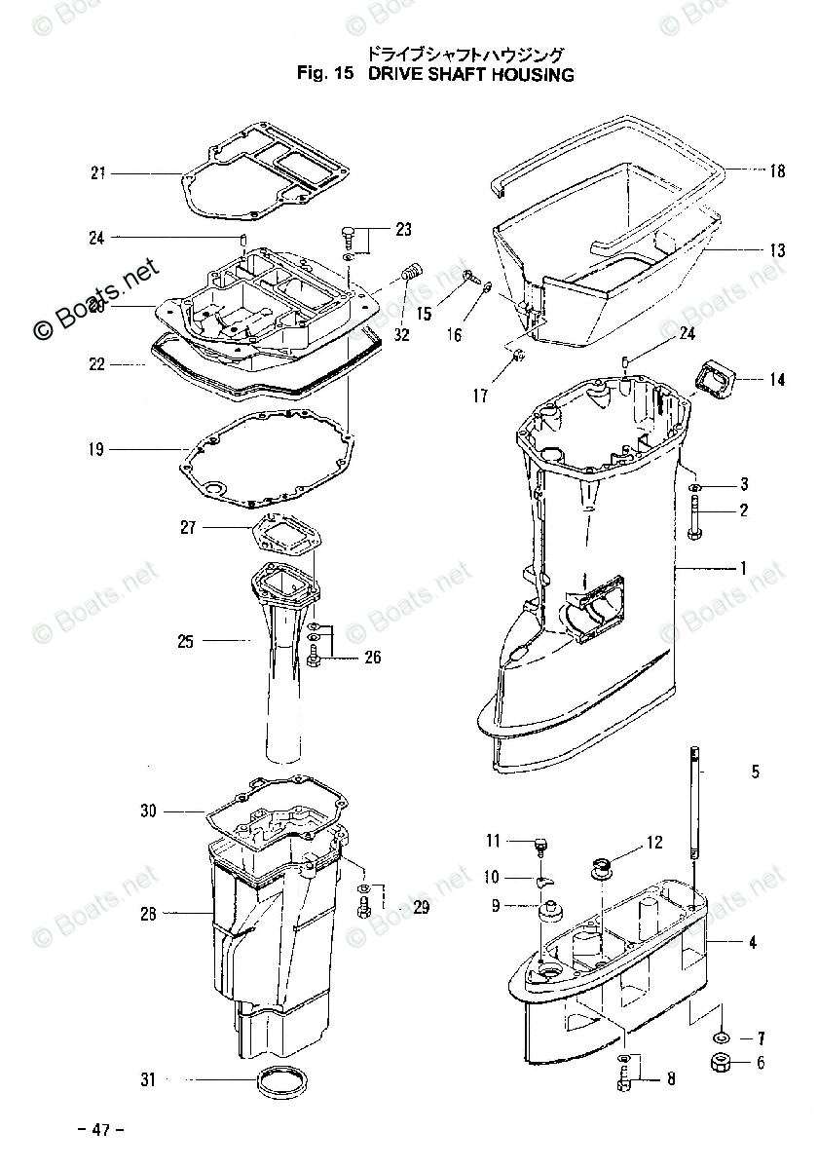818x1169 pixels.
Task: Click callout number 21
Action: [x=97, y=173]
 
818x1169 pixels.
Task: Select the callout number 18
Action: [x=776, y=171]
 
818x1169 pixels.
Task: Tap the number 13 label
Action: [x=776, y=250]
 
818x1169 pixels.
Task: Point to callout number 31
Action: [x=147, y=1079]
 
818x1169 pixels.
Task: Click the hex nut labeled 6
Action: [x=723, y=1063]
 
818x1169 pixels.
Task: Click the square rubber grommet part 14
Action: [x=723, y=377]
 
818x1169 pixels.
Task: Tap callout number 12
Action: [x=653, y=842]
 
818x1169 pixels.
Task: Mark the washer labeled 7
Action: [x=723, y=1036]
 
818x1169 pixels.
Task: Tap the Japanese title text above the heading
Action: [x=465, y=54]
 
